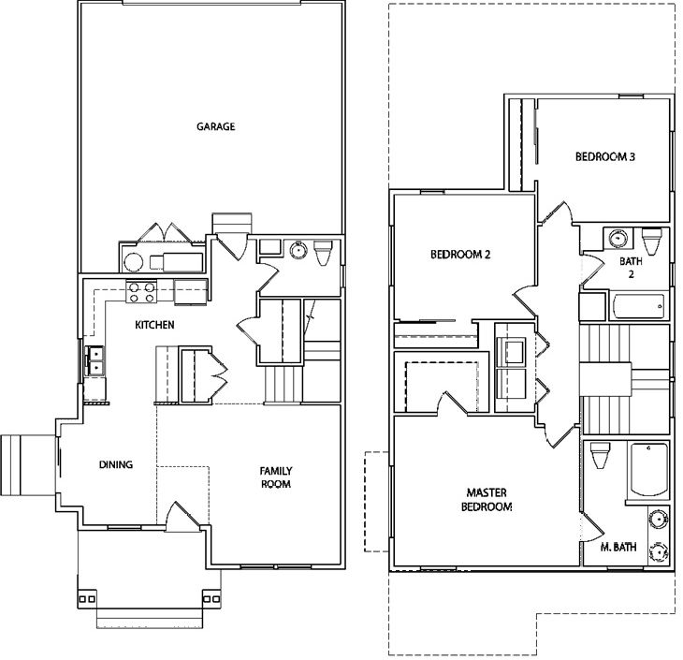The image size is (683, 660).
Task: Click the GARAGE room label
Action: tap(215, 126)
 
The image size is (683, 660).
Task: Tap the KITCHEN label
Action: tap(154, 325)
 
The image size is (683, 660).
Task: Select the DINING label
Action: tap(116, 464)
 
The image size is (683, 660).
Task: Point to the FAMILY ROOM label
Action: tap(276, 477)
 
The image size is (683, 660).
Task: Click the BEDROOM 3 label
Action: tap(605, 156)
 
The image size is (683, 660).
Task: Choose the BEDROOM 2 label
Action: tap(460, 254)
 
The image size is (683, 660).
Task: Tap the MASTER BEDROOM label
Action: tap(487, 500)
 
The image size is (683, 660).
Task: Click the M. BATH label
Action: tap(618, 547)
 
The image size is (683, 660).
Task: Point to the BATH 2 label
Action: tap(631, 268)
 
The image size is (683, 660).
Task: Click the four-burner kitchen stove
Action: tap(141, 292)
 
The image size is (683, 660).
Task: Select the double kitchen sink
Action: tap(94, 360)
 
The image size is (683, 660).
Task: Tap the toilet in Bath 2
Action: tap(652, 242)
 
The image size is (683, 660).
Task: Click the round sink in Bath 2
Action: tap(618, 239)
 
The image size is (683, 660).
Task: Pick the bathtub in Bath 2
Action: tap(639, 306)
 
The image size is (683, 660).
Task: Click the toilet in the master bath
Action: tap(600, 455)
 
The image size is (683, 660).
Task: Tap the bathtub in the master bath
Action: tap(648, 470)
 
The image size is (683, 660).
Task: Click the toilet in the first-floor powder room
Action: tap(323, 253)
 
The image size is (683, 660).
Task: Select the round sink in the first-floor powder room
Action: tap(298, 250)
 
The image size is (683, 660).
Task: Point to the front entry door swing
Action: tap(183, 517)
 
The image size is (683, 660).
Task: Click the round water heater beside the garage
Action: tap(133, 262)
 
